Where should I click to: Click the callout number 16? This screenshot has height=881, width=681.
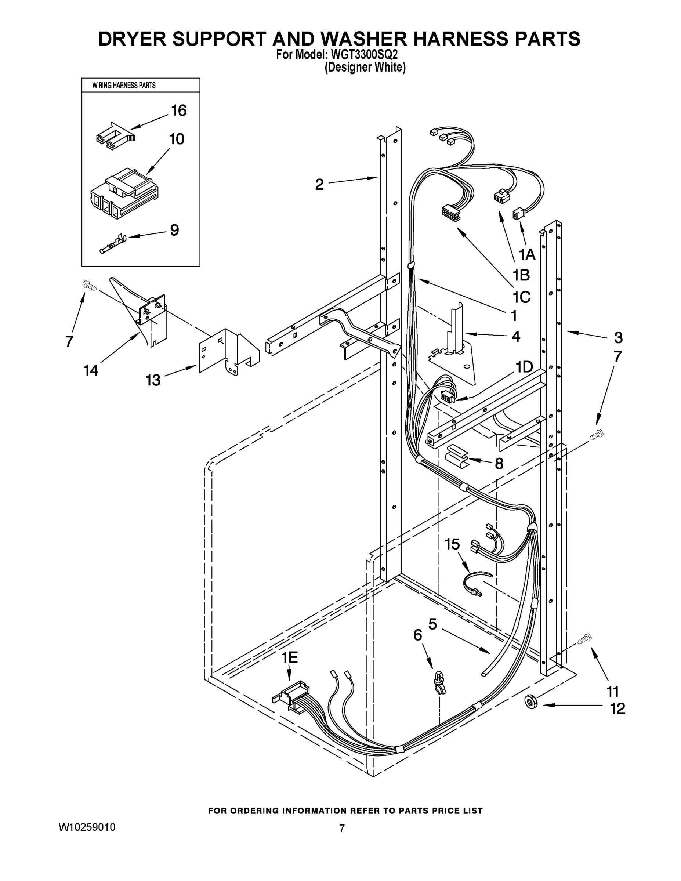click(x=179, y=110)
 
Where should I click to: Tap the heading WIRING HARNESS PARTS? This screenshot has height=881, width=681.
click(x=124, y=86)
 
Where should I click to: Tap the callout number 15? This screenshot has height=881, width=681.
click(x=452, y=544)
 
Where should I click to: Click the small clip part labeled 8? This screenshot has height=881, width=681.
click(x=456, y=456)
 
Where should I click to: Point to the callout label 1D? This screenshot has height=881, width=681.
click(x=524, y=367)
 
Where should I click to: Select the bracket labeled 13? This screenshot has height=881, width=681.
click(x=228, y=351)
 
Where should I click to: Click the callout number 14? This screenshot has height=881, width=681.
click(x=91, y=370)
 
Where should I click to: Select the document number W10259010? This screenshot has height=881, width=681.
click(x=87, y=827)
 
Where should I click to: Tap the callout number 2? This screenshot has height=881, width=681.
click(x=319, y=185)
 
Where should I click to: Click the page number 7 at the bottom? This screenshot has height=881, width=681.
click(x=342, y=828)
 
